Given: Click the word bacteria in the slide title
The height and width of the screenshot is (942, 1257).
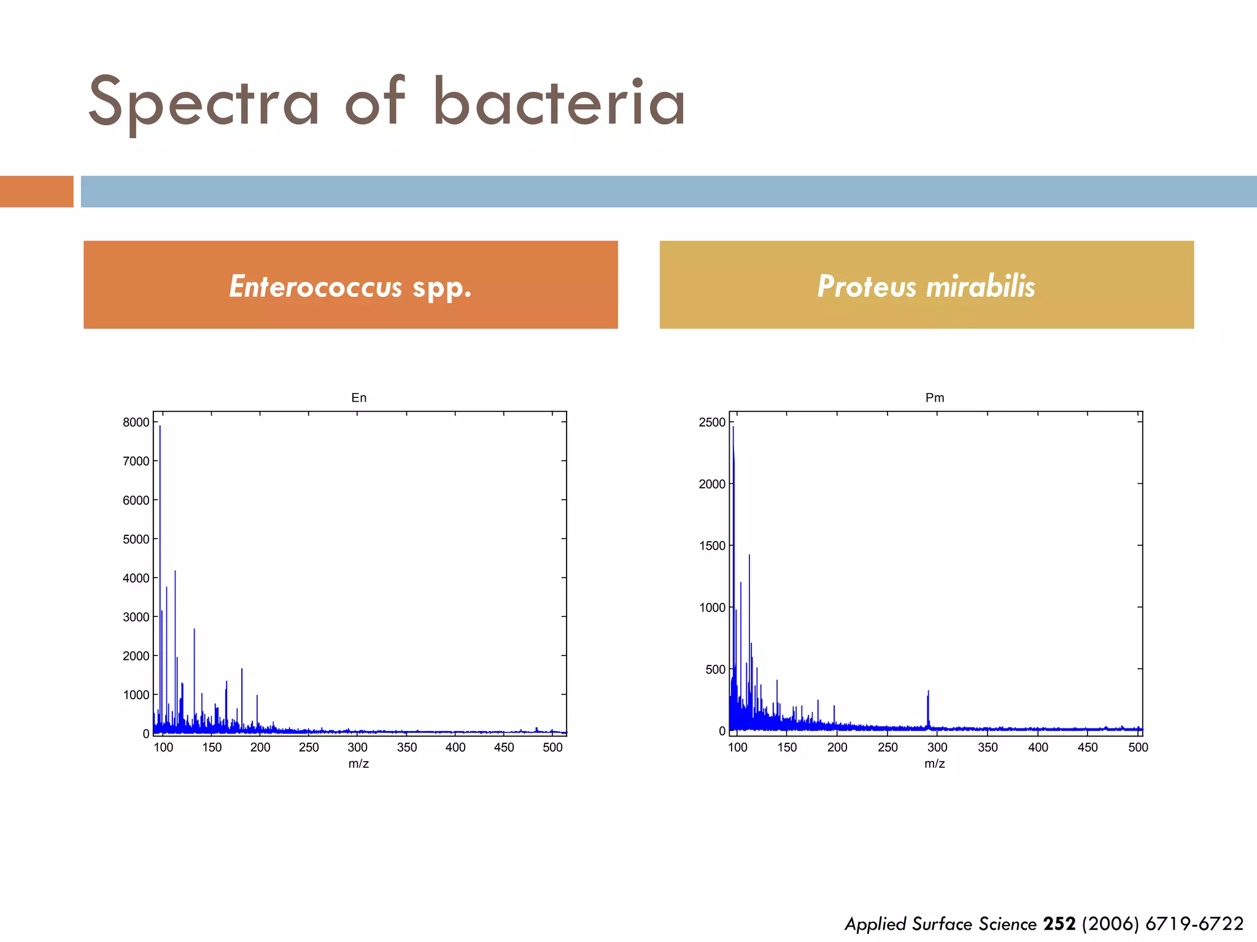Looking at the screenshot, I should point(559,103).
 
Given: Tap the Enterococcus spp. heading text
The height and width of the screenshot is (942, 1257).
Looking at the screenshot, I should point(350,286).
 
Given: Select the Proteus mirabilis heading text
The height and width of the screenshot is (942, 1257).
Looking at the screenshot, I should point(926,286).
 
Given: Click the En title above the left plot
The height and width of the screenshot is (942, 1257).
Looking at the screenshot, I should point(359,398).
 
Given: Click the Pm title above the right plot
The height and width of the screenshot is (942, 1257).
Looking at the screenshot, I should point(935,398).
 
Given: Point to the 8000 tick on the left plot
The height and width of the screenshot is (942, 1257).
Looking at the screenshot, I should point(136,423).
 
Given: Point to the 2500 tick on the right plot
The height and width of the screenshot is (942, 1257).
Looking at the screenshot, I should point(712,423).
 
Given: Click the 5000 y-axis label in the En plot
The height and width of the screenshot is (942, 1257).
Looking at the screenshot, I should point(136,540).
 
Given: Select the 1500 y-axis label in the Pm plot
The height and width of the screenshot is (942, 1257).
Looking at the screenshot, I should point(712,546).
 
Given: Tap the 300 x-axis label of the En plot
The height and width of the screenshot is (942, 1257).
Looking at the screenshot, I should point(357,748).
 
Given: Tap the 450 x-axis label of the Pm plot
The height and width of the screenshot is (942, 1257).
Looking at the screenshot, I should point(1088,748).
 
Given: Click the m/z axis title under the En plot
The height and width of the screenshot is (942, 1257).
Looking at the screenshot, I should point(358,764).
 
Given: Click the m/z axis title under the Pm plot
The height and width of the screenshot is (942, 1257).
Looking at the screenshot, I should point(935,764).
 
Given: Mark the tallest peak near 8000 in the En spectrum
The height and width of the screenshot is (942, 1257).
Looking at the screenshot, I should point(160,429).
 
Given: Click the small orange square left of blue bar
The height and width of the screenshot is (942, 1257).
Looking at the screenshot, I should point(36,191).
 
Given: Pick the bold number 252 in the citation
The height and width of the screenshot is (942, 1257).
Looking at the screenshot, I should point(1059,924).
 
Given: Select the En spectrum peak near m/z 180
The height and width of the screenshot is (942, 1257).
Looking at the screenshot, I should point(242,672).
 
